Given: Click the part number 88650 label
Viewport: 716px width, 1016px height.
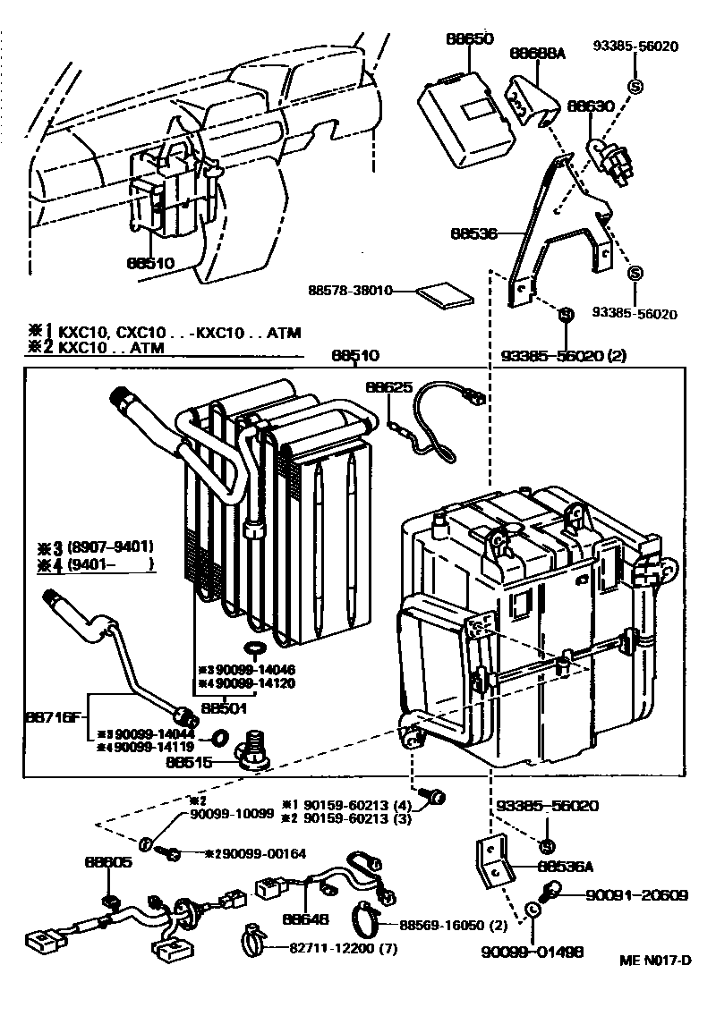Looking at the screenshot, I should pyautogui.click(x=469, y=39).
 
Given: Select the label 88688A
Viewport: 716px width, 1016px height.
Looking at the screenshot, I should pyautogui.click(x=538, y=54).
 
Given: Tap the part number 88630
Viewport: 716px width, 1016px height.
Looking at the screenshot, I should pyautogui.click(x=591, y=106).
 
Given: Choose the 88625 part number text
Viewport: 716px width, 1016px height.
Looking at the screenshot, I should pyautogui.click(x=388, y=387).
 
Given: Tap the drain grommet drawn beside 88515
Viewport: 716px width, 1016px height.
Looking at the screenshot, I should pyautogui.click(x=251, y=750).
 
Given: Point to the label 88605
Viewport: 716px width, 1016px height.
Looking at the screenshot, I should pyautogui.click(x=108, y=863).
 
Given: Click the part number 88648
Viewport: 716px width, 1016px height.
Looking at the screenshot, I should pyautogui.click(x=305, y=918).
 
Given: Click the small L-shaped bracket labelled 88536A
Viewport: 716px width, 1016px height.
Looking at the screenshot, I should pyautogui.click(x=491, y=860).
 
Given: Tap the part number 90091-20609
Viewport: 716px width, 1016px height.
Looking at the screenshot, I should pyautogui.click(x=636, y=894).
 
